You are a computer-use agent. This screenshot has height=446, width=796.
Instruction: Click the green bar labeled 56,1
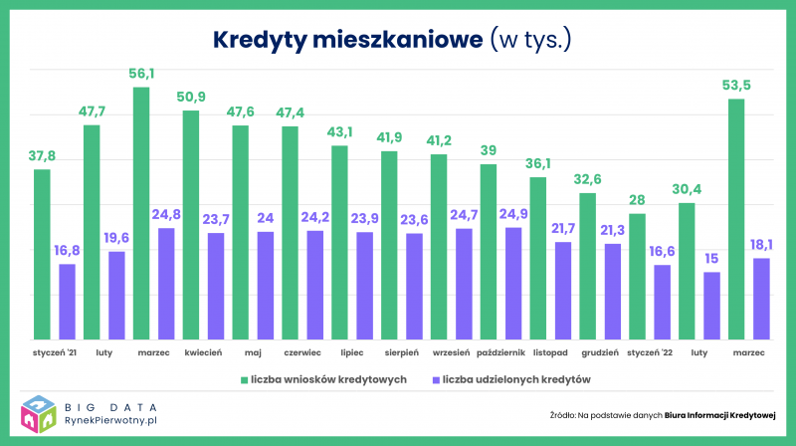point(141,213)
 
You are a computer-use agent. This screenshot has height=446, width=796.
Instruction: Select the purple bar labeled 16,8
point(67,302)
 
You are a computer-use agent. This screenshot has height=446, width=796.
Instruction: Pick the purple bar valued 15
point(711,306)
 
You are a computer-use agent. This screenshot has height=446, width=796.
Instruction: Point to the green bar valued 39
point(489,252)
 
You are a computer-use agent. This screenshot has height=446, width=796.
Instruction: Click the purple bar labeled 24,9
point(513,284)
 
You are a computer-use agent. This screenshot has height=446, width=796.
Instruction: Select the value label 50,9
point(191,97)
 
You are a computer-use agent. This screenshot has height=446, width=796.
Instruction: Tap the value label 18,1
point(761,245)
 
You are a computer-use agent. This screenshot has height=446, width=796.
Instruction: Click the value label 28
point(637,200)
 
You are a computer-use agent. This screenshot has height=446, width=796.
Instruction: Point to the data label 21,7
point(563,229)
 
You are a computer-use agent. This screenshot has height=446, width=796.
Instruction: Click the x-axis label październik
point(500,352)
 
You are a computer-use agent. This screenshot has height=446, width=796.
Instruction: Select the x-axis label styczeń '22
point(650,352)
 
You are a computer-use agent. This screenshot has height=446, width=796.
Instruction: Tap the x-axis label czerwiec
point(302,352)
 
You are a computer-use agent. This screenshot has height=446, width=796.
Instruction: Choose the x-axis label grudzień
point(600,352)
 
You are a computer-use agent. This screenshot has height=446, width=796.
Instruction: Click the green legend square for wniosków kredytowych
point(244,380)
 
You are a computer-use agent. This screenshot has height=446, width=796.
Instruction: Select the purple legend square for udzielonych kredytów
point(436,380)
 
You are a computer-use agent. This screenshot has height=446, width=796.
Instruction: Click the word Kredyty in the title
point(260,40)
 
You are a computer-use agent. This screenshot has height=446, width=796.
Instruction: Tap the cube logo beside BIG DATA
point(39,414)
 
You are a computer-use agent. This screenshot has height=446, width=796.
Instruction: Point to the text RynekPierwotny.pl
point(110,420)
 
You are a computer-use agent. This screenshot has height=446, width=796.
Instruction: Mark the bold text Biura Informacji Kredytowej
point(719,415)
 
